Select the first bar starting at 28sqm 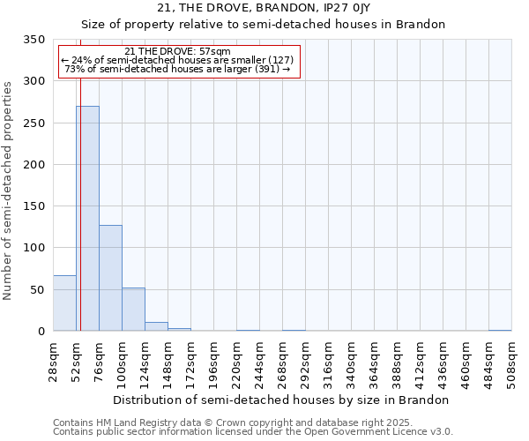pyautogui.click(x=64, y=303)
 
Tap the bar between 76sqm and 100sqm pyautogui.click(x=110, y=278)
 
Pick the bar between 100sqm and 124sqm pyautogui.click(x=133, y=310)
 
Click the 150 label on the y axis pyautogui.click(x=34, y=206)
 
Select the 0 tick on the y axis pyautogui.click(x=41, y=332)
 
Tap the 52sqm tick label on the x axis pyautogui.click(x=77, y=361)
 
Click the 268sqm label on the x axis pyautogui.click(x=283, y=361)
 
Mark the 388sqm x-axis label pyautogui.click(x=398, y=361)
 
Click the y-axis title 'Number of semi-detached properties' pyautogui.click(x=9, y=190)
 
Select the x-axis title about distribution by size pyautogui.click(x=281, y=400)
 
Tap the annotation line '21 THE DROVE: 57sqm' pyautogui.click(x=178, y=52)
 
